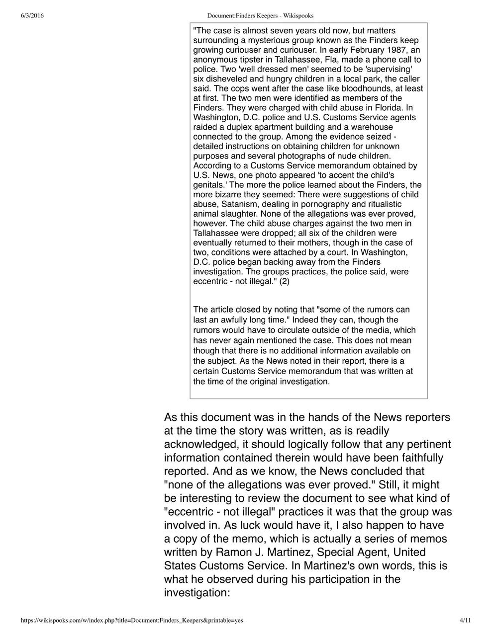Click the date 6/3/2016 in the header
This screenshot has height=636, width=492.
tap(32, 16)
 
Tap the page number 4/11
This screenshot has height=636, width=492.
tap(465, 620)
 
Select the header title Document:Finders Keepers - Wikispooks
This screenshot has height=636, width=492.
tap(260, 16)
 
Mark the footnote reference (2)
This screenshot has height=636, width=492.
tap(284, 281)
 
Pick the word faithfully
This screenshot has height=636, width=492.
tap(416, 457)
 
